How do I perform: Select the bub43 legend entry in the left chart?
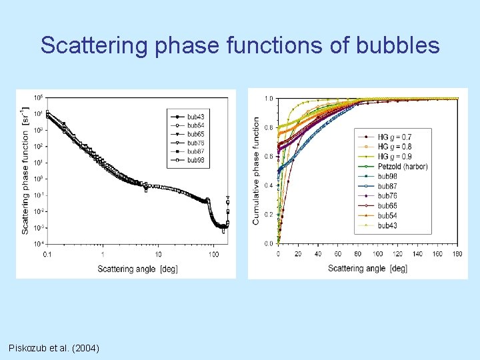[195, 117]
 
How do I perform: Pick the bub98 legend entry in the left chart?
[195, 160]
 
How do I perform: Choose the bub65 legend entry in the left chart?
[195, 134]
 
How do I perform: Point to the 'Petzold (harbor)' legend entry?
[403, 167]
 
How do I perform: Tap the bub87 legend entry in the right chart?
[387, 186]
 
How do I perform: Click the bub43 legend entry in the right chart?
[387, 226]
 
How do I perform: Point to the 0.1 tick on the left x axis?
[47, 254]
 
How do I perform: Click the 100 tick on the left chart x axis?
[213, 254]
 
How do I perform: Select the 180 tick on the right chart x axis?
[457, 253]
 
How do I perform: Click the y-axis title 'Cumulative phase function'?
[256, 171]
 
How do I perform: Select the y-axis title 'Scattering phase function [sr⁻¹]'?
[25, 171]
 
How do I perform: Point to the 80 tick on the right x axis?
[357, 253]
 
